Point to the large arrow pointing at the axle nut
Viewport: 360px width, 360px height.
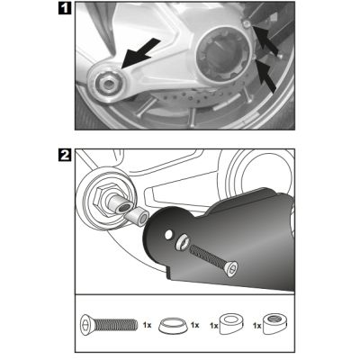coord(141,53)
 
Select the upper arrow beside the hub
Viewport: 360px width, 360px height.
coord(265,40)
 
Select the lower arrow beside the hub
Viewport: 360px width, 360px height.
coord(265,76)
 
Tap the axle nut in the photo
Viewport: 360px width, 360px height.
coord(106,84)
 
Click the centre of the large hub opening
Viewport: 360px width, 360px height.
coord(221,58)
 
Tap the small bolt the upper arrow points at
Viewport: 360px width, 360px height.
coord(247,23)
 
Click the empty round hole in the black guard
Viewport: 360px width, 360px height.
coord(169,234)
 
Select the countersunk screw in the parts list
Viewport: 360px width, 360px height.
coord(109,325)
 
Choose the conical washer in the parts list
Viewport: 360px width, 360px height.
coord(174,325)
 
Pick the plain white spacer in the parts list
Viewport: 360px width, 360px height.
coord(231,324)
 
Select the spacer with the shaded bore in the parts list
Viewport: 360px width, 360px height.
coord(275,324)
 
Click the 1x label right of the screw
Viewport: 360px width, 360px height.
coord(148,325)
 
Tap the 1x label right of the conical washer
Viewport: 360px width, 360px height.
coord(195,325)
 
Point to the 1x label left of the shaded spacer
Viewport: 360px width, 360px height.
coord(257,326)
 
